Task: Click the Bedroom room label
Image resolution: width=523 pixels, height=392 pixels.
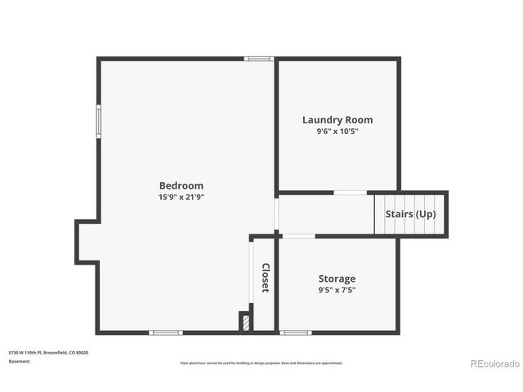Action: pyautogui.click(x=181, y=185)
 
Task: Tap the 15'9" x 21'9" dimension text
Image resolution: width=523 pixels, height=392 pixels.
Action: pyautogui.click(x=181, y=197)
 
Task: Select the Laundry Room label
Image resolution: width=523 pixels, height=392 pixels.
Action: pyautogui.click(x=337, y=120)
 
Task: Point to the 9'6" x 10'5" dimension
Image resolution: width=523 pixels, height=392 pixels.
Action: pyautogui.click(x=337, y=131)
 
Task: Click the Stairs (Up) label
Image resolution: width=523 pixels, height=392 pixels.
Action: pyautogui.click(x=410, y=214)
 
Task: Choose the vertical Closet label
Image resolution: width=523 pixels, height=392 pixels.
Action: pyautogui.click(x=266, y=278)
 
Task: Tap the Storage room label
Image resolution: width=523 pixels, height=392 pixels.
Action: pyautogui.click(x=337, y=278)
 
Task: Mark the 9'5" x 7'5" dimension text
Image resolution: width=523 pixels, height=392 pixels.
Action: pyautogui.click(x=337, y=290)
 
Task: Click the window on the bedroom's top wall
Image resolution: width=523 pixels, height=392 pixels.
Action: pyautogui.click(x=259, y=59)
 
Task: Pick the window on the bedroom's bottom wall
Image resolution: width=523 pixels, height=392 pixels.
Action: pyautogui.click(x=165, y=332)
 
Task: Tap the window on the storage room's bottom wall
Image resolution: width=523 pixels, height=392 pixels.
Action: pyautogui.click(x=295, y=332)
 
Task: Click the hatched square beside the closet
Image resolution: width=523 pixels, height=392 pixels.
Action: pyautogui.click(x=244, y=321)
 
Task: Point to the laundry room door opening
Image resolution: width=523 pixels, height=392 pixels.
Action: pyautogui.click(x=350, y=193)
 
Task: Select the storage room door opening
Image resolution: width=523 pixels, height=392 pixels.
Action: pyautogui.click(x=298, y=236)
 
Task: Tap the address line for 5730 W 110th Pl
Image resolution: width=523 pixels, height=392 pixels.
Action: pyautogui.click(x=48, y=352)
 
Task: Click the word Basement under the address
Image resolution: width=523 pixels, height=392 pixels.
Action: pyautogui.click(x=20, y=361)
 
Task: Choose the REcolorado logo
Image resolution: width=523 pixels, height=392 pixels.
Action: pyautogui.click(x=493, y=363)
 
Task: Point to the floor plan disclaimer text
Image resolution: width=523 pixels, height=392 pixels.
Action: pyautogui.click(x=261, y=363)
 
